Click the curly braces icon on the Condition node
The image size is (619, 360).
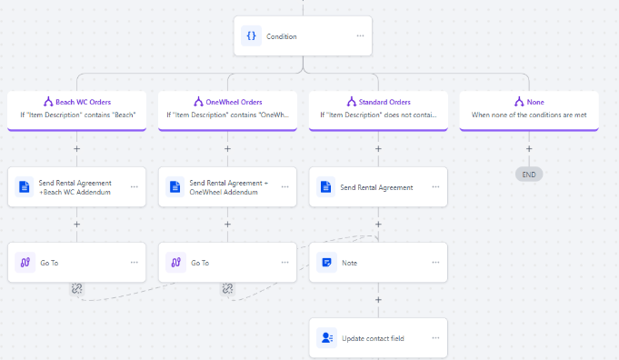251,36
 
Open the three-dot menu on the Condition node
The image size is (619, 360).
360,36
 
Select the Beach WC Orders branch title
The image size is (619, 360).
84,102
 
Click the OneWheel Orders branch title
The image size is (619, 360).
234,102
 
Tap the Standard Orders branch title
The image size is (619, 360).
384,102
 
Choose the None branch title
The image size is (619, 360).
535,102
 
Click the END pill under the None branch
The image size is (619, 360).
529,175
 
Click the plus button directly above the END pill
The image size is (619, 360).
529,149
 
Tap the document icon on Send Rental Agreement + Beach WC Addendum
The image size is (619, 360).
24,186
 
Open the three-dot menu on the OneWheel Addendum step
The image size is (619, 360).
285,186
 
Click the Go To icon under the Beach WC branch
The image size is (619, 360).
25,263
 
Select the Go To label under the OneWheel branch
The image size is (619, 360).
200,263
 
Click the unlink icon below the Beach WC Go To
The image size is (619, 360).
76,288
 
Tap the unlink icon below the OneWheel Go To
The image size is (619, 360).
227,288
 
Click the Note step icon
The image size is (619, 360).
326,263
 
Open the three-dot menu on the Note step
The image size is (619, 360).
435,263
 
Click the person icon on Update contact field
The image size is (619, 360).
327,338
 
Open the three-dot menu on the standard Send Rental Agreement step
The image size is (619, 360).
435,186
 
